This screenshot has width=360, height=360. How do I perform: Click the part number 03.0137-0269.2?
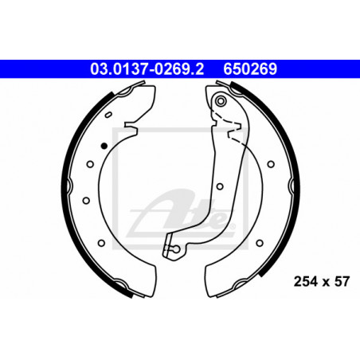(x=147, y=69)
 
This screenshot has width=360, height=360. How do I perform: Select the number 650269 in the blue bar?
(x=250, y=69)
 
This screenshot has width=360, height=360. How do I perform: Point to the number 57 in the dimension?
(x=342, y=281)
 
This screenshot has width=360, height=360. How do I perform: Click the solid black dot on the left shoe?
(x=104, y=146)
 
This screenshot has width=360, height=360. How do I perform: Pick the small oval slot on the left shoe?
(x=108, y=115)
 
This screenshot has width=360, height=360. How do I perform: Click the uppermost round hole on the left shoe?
(x=90, y=164)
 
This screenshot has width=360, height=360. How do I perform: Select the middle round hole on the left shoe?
(x=86, y=200)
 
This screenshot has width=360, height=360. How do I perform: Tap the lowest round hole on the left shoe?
(x=101, y=243)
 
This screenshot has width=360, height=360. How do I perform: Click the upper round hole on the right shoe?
(x=271, y=164)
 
